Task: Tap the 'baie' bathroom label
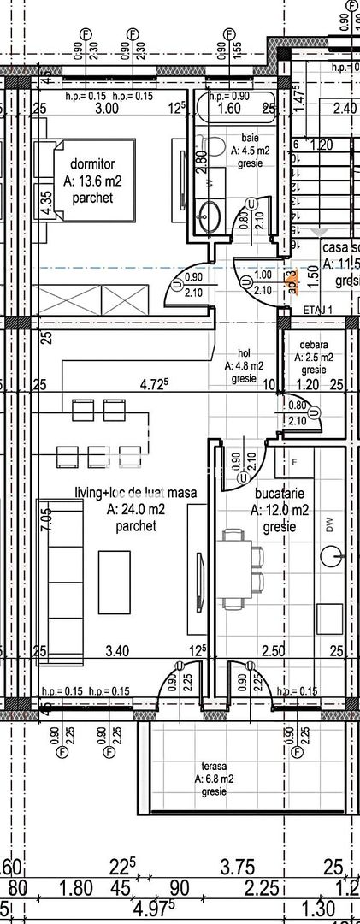(x=250, y=135)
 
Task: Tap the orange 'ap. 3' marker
(x=292, y=281)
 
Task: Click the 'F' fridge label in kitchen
(x=295, y=462)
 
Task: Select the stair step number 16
(x=295, y=246)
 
